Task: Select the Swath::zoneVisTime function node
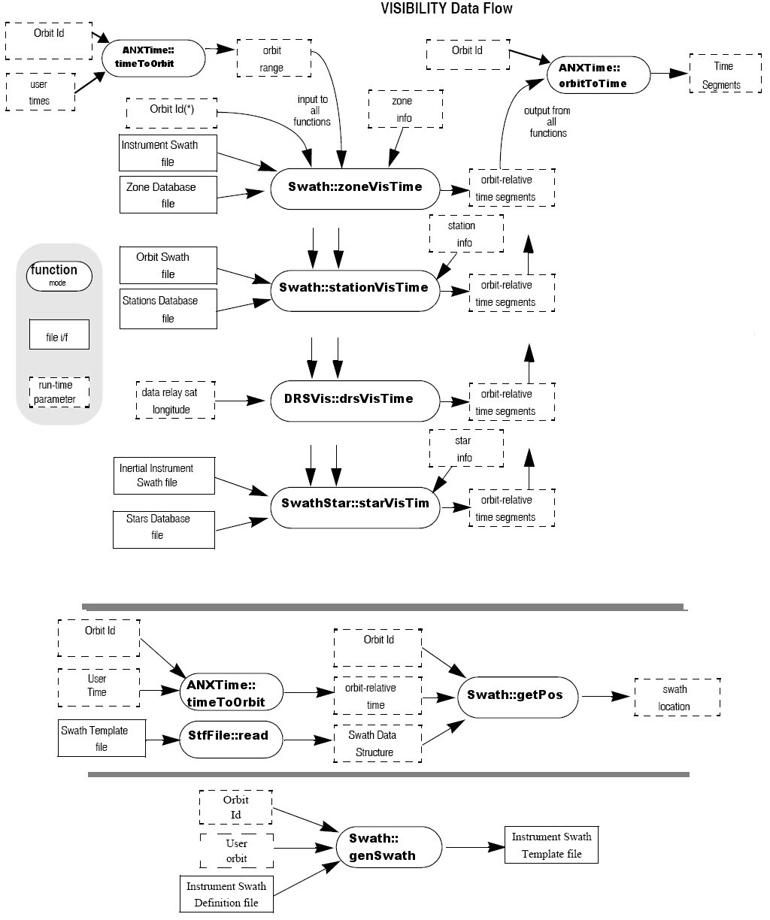(354, 187)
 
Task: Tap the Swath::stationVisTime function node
(354, 288)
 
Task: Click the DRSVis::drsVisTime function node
(354, 399)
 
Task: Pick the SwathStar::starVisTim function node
(354, 504)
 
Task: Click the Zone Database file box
(168, 195)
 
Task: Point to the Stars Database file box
(164, 527)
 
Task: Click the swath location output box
(678, 698)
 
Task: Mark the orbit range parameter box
(271, 59)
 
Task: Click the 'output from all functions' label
(547, 122)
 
